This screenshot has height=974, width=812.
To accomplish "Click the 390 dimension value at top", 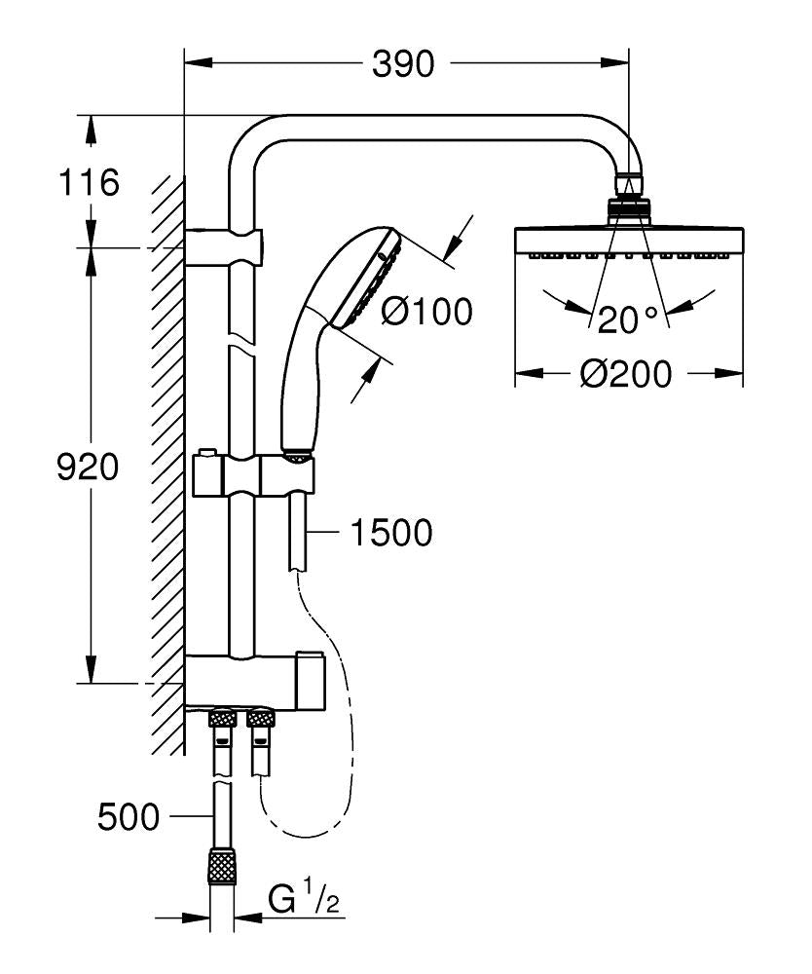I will (402, 64).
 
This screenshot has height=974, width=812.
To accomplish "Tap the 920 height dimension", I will (88, 468).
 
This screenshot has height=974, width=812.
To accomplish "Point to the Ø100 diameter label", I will (425, 312).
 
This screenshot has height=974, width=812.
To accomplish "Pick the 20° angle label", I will (628, 318).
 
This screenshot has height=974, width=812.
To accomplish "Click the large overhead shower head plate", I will (629, 241).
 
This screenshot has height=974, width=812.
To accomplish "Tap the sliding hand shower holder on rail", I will (253, 474).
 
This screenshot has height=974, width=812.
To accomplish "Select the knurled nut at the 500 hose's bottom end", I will (224, 865).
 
